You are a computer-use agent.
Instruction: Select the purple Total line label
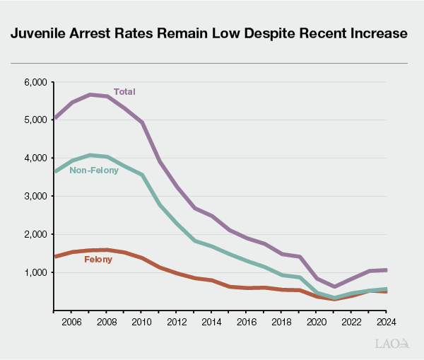click(x=124, y=91)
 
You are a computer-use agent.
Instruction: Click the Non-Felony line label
click(x=93, y=170)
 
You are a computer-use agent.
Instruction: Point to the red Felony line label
click(x=98, y=260)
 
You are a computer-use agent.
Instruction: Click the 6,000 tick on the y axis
click(x=34, y=82)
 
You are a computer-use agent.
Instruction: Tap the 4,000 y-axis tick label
click(x=34, y=158)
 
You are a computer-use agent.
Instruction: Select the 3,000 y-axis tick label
click(x=34, y=196)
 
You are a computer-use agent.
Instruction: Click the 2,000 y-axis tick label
click(x=34, y=234)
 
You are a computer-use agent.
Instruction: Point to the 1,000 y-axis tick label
click(x=34, y=272)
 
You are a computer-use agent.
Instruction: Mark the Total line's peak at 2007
click(x=90, y=95)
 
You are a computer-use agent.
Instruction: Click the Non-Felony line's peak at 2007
click(x=90, y=155)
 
